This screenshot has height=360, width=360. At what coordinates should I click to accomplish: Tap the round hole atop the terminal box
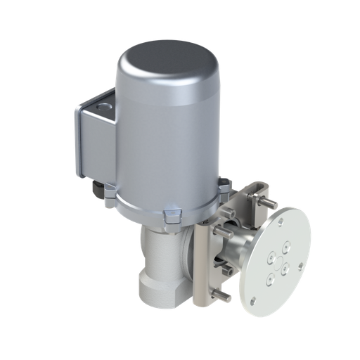(105, 105)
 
